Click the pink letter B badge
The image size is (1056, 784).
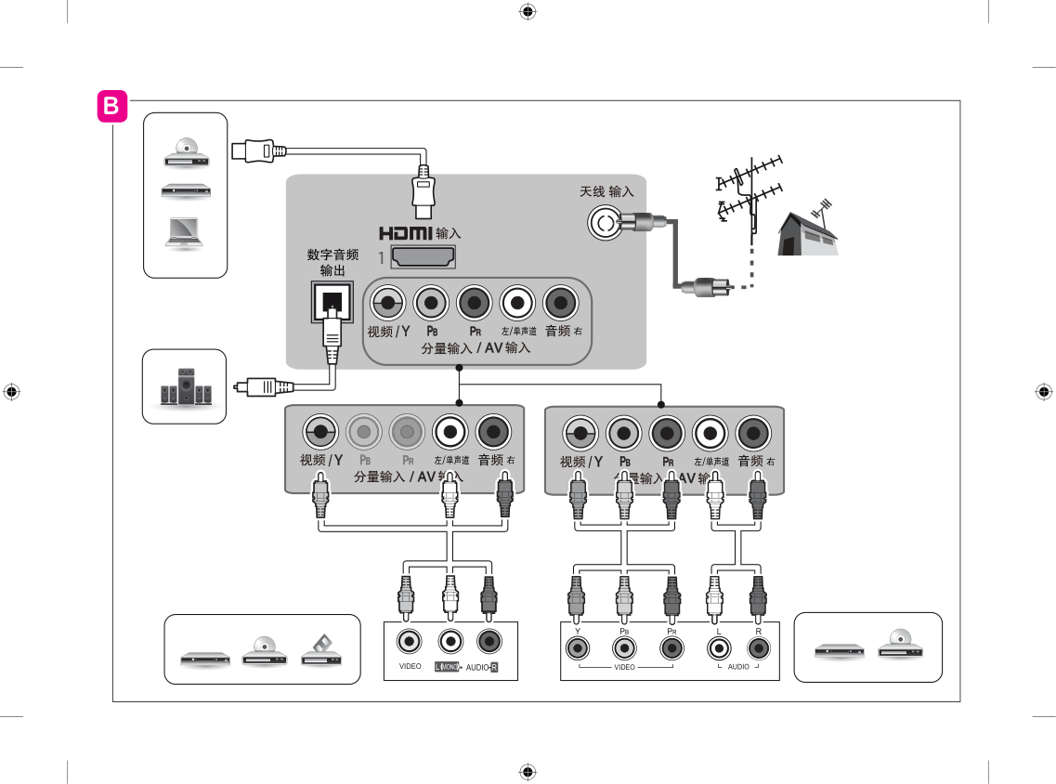[x=111, y=107]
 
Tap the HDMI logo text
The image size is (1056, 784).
[x=406, y=232]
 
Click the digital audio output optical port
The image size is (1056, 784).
[x=332, y=299]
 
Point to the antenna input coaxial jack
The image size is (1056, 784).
[x=605, y=222]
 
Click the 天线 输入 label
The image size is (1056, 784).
[x=606, y=191]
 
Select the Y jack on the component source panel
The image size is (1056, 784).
[x=578, y=647]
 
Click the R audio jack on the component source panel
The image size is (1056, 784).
[x=758, y=647]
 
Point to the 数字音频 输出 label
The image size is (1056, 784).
[x=332, y=262]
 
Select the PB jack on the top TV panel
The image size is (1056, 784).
[x=431, y=302]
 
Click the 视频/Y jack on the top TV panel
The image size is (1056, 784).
[x=387, y=302]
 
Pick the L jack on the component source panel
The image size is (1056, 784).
[x=716, y=647]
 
